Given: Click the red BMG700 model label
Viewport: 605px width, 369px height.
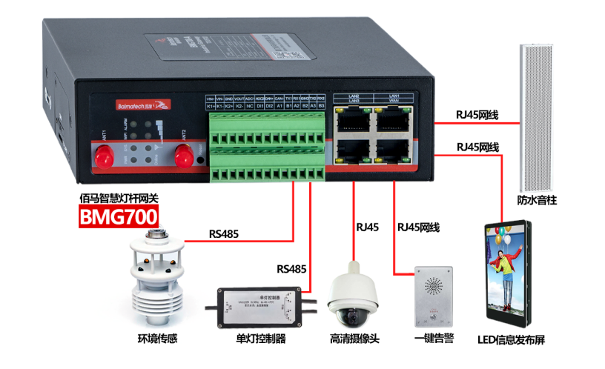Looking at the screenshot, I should point(119,217).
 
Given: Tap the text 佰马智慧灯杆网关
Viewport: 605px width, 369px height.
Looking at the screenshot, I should point(119,198).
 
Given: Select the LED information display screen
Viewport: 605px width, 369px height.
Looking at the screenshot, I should point(509,273).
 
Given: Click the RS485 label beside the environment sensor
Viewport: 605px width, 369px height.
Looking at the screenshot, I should point(223,233).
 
